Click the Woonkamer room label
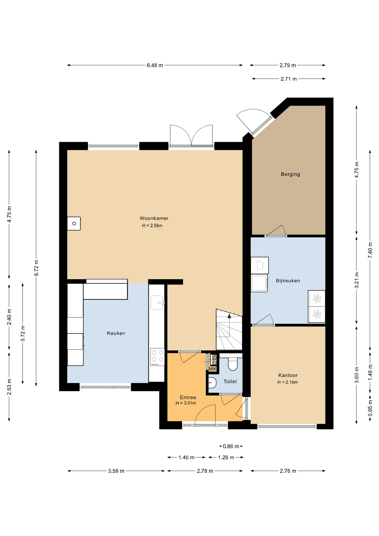click(154, 218)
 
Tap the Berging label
click(290, 174)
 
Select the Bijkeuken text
click(288, 281)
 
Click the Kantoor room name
click(288, 375)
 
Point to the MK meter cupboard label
click(212, 369)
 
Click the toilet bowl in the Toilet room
click(232, 364)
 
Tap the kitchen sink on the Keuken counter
click(157, 303)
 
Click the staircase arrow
click(229, 316)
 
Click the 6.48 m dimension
click(155, 65)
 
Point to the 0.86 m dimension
click(231, 446)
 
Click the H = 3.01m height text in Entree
click(186, 403)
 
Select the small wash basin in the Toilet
click(212, 383)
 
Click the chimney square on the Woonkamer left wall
click(74, 224)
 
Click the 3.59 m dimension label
click(116, 471)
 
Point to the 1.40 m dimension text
click(186, 458)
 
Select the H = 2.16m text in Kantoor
click(287, 382)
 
